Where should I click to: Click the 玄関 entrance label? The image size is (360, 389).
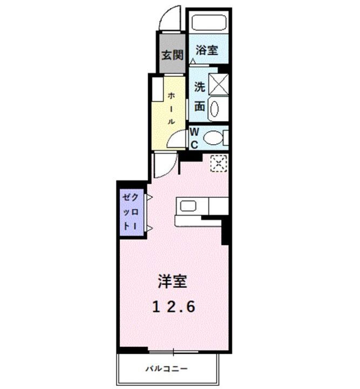pyautogui.click(x=172, y=55)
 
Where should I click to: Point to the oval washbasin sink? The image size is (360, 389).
pyautogui.click(x=214, y=108)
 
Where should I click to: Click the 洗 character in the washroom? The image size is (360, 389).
pyautogui.click(x=199, y=86)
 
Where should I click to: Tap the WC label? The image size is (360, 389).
pyautogui.click(x=194, y=137)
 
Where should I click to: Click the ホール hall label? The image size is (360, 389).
pyautogui.click(x=171, y=108)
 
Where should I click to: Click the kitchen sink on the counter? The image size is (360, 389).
pyautogui.click(x=190, y=206)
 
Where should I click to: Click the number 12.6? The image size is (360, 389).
pyautogui.click(x=173, y=307)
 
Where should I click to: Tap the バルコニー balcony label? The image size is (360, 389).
pyautogui.click(x=166, y=369)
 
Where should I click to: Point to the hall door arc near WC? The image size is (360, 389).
pyautogui.click(x=176, y=140)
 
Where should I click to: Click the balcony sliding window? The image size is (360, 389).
pyautogui.click(x=173, y=353)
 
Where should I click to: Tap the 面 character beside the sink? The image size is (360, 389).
pyautogui.click(x=199, y=106)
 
